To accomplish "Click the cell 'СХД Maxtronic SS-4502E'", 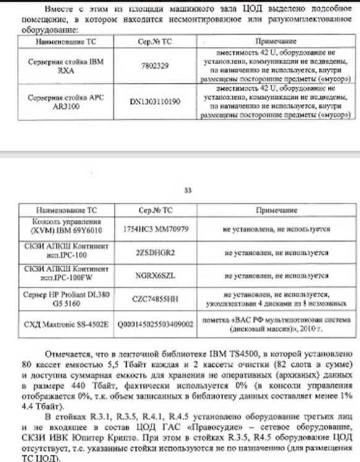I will tap(62, 323).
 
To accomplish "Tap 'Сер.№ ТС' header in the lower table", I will tap(150, 210).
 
